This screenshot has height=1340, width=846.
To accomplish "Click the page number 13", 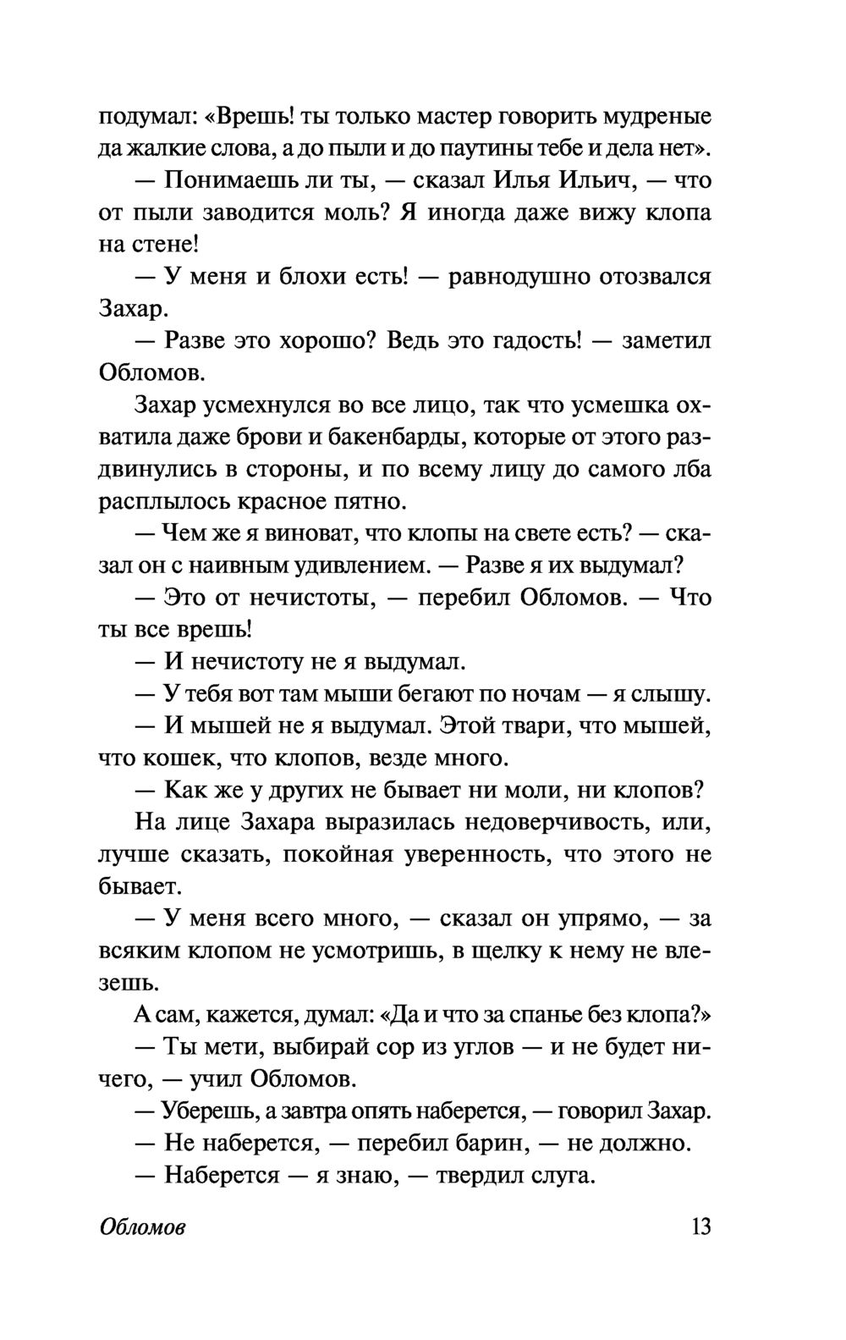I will tap(700, 1226).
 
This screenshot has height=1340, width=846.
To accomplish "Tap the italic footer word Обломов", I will tap(142, 1227).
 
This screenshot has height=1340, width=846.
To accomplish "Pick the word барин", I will tap(482, 1143).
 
